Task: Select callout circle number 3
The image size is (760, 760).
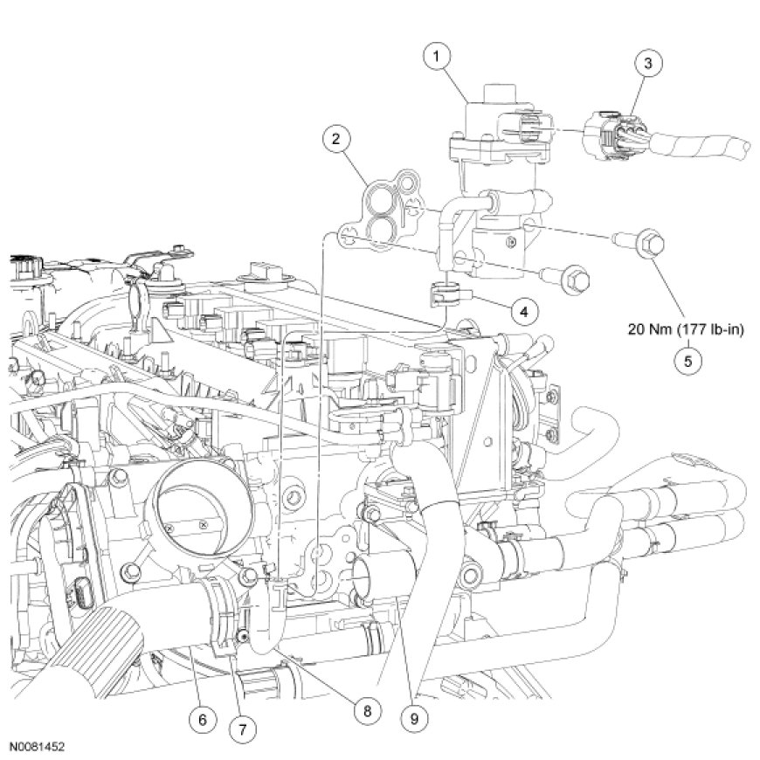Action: click(647, 63)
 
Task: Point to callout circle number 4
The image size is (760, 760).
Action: click(523, 309)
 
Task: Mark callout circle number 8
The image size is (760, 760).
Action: click(366, 710)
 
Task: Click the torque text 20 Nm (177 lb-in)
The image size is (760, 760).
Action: click(687, 330)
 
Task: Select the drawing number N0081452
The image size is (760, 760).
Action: click(38, 748)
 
